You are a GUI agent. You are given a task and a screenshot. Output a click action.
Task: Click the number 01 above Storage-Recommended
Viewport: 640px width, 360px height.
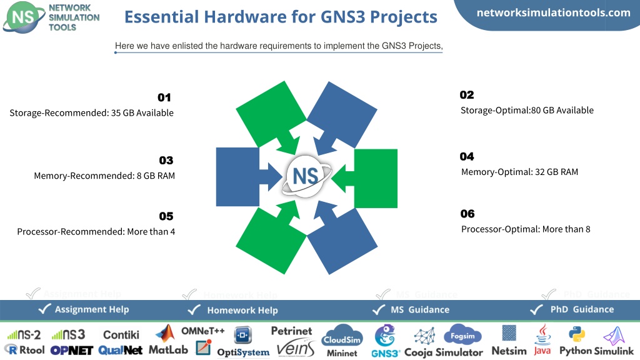pos(164,97)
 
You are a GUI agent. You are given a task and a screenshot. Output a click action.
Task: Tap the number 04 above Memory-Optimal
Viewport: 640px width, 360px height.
pos(467,157)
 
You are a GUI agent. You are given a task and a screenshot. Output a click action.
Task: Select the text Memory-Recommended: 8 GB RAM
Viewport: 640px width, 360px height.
pos(104,176)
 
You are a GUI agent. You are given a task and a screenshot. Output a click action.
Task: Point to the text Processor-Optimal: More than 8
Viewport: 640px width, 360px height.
pos(526,229)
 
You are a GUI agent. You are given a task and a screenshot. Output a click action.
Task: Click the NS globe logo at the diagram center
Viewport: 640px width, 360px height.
pos(306,176)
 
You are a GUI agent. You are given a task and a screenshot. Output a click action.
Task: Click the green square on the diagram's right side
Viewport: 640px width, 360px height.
pos(376,178)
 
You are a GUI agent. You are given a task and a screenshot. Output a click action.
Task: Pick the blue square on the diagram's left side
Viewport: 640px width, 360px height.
pos(237,177)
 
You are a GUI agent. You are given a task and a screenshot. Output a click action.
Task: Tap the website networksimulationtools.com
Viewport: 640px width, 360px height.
pos(554,12)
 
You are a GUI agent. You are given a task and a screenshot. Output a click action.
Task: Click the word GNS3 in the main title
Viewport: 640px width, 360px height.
pos(343,17)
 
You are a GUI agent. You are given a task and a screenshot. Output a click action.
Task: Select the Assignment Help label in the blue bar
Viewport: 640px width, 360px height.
pos(92,309)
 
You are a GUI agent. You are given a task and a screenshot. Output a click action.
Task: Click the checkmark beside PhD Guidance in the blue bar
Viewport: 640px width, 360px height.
pos(536,310)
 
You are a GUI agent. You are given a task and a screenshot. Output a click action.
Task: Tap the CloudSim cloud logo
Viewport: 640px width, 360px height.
pos(342,336)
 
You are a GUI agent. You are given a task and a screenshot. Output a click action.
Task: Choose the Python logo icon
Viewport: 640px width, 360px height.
pos(577,334)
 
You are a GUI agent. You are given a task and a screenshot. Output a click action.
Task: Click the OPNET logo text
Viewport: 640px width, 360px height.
pos(72,351)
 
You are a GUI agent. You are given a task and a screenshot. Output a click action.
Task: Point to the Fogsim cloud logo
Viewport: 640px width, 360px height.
pos(462,335)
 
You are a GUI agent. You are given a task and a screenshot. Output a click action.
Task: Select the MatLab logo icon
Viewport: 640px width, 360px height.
pos(165,334)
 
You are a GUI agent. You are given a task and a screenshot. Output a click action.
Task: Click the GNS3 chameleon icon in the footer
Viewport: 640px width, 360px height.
pos(385,336)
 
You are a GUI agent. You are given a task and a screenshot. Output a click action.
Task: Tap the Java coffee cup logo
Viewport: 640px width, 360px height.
pos(543,335)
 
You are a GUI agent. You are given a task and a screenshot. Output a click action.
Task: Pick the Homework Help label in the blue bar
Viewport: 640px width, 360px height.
pos(242,310)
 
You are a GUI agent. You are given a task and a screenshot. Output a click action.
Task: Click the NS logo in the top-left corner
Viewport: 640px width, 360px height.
pos(24,17)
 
